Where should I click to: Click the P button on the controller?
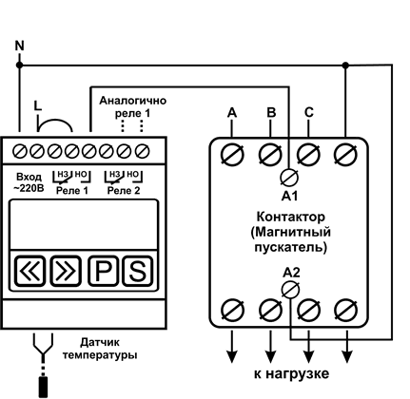pos(103,271)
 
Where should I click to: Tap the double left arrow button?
pos(29,271)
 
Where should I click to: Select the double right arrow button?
pos(66,271)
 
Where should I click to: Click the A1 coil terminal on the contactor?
pos(289,178)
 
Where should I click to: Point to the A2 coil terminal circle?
pos(290,290)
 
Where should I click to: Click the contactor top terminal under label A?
pos(232,155)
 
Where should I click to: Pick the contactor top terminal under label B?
pos(270,155)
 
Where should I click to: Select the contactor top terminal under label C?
pos(308,155)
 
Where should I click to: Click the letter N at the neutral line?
pos(20,47)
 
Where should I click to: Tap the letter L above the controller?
pos(38,105)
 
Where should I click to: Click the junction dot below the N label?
pos(19,65)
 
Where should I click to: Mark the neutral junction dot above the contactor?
pos(345,66)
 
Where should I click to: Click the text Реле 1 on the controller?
pos(72,191)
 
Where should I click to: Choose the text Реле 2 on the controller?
pos(124,191)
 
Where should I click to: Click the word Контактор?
pos(291,218)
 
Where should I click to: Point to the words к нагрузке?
pos(291,374)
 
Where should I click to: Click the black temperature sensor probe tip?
pos(43,387)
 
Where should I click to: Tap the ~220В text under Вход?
pos(29,188)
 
